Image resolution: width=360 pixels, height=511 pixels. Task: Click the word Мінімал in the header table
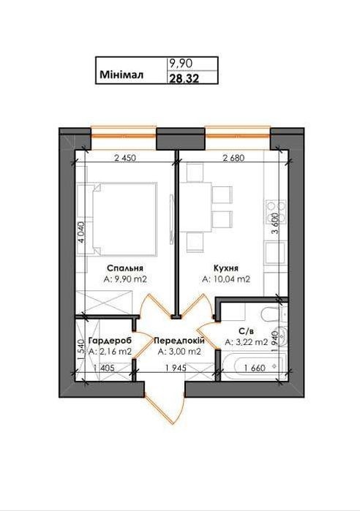coord(121,75)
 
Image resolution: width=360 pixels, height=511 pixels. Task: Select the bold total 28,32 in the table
coord(184,78)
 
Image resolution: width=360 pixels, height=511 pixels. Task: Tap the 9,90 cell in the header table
coord(180,63)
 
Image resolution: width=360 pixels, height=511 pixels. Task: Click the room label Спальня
coord(125,268)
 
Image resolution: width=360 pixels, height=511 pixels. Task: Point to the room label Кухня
coord(226,268)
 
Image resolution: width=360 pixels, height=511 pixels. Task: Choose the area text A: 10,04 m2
coord(226,279)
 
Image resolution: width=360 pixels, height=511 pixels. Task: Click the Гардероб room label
coord(110,341)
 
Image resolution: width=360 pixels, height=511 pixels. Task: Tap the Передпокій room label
coord(179,341)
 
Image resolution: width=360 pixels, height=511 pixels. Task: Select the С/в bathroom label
coord(246,331)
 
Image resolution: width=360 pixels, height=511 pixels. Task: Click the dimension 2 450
coord(125,158)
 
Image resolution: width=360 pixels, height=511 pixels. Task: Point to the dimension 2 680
coord(233,158)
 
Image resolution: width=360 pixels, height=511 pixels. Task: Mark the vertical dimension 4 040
coord(81,232)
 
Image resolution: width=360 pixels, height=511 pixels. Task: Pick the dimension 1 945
coord(176,368)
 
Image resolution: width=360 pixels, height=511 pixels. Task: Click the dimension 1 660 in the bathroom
coord(255,368)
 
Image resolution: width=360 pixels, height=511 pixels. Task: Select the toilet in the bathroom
coord(273,314)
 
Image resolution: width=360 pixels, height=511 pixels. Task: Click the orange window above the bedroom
coord(124,137)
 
